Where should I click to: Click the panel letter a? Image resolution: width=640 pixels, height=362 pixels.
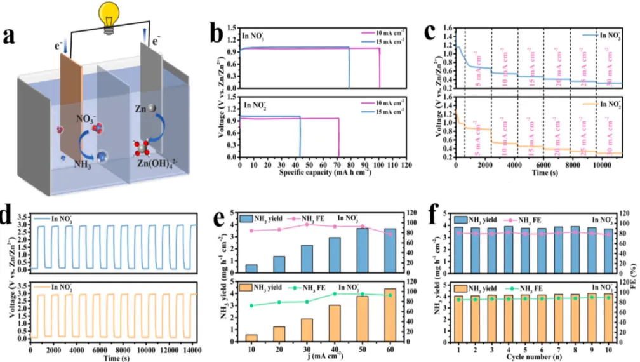(x=13, y=36)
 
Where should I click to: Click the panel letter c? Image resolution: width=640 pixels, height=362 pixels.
(x=430, y=32)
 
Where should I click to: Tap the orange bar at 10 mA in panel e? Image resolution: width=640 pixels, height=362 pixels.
(x=251, y=337)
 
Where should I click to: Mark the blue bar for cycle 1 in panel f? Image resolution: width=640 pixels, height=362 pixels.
(x=458, y=249)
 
